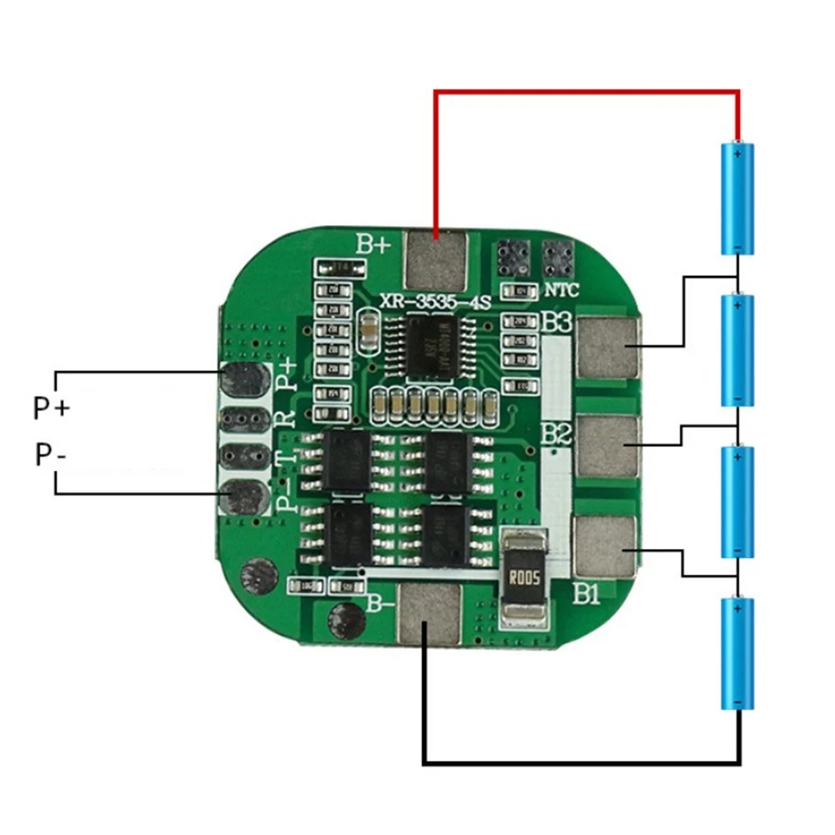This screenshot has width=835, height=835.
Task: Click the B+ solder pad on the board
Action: coord(435,261)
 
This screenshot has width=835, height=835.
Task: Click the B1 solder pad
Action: coord(606,546)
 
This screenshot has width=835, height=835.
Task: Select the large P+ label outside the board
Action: coord(52,409)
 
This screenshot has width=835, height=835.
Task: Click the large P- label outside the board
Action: coord(50,455)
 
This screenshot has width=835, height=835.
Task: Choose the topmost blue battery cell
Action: coord(737,199)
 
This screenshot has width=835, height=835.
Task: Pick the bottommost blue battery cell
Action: coord(737,653)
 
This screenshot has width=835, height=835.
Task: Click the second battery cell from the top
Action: coord(737,350)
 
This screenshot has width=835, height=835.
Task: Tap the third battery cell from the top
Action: coord(737,502)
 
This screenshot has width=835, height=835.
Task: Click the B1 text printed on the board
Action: coord(586,595)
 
